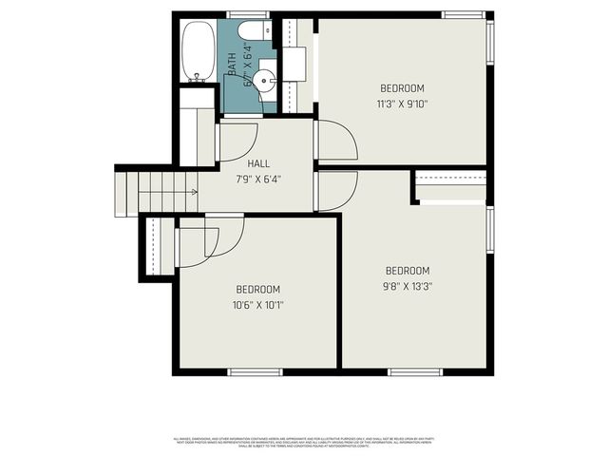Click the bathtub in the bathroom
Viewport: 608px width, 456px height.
click(x=198, y=51)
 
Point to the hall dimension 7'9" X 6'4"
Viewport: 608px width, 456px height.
click(x=258, y=179)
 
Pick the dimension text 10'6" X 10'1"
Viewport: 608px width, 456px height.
click(x=258, y=305)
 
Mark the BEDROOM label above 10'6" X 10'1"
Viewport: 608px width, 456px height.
click(x=258, y=290)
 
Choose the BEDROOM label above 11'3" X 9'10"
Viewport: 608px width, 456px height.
click(x=402, y=88)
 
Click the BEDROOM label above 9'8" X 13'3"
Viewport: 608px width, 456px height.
click(x=408, y=270)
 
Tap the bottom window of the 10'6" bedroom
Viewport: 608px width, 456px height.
click(x=257, y=370)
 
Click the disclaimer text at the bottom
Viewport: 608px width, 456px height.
click(x=304, y=441)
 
